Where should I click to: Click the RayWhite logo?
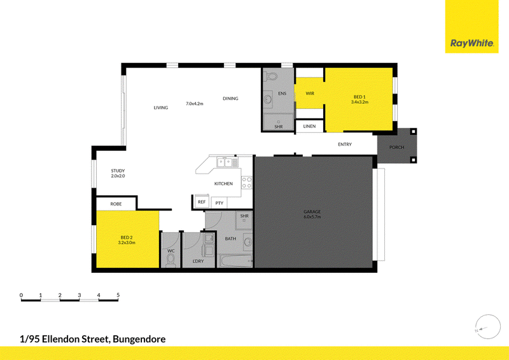471,43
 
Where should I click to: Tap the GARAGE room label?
312,212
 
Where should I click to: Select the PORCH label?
396,148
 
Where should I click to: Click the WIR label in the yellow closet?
310,93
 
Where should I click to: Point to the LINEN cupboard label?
309,127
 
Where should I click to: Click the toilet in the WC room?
171,260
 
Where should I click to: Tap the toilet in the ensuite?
271,77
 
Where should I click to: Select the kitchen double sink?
227,162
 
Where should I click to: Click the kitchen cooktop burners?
246,183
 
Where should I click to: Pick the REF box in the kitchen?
202,202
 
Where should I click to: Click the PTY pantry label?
220,203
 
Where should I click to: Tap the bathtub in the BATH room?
236,261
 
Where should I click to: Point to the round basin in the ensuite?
268,99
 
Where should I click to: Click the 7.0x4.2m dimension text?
195,104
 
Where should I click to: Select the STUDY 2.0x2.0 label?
118,174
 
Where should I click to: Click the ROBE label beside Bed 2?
116,204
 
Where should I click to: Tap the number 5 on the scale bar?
118,295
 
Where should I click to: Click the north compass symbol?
487,327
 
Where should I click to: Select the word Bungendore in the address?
139,340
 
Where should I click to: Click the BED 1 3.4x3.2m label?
359,99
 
